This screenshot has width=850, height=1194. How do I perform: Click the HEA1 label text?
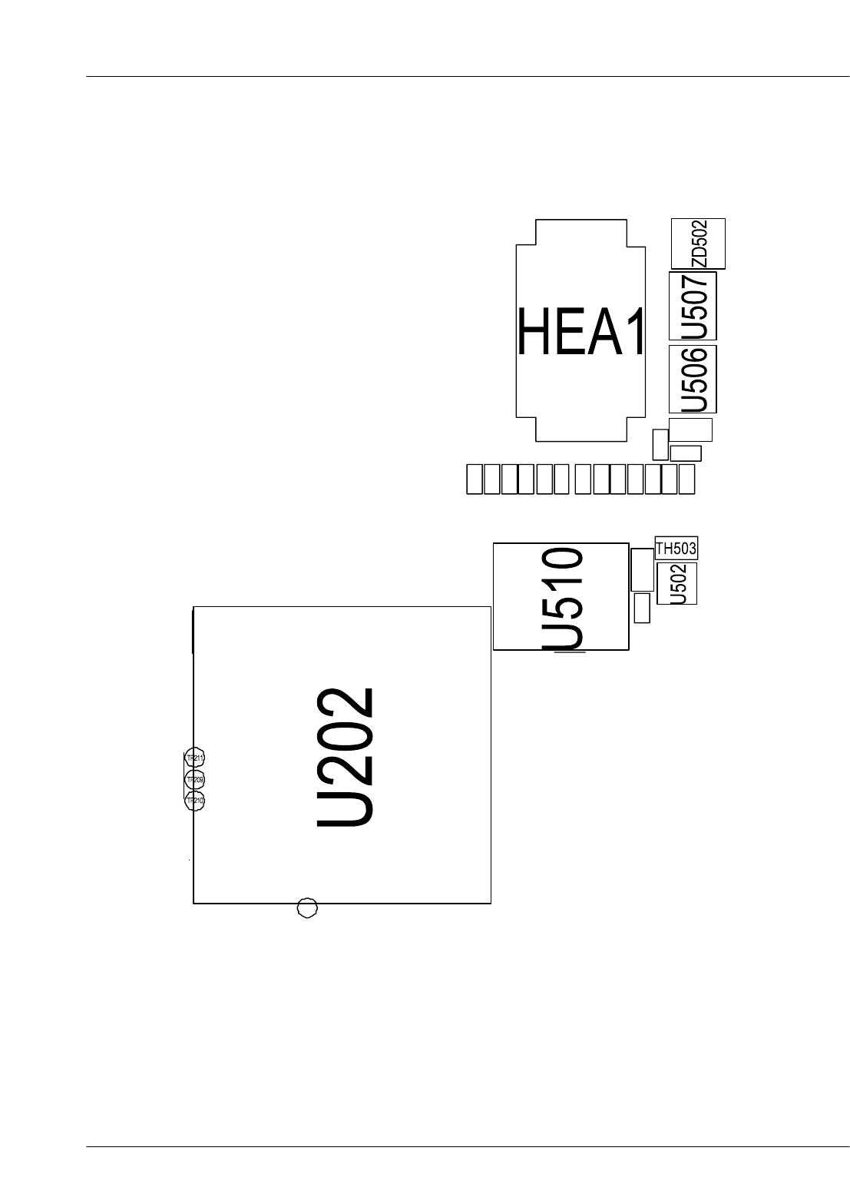point(581,332)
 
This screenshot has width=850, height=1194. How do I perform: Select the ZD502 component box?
point(698,244)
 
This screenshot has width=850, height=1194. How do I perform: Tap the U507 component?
point(693,306)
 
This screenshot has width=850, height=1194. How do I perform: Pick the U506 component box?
point(693,379)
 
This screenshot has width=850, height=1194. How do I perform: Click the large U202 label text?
point(346,757)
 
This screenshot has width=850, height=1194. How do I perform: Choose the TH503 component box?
point(676,549)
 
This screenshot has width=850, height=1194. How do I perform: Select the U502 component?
point(677,584)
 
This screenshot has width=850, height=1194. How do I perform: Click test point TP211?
point(195,758)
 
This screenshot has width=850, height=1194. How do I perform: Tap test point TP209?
point(195,780)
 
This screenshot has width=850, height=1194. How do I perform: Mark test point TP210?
point(195,801)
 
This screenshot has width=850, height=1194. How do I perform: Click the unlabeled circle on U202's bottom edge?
point(307,907)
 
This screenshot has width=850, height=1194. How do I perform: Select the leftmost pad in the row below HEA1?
point(475,479)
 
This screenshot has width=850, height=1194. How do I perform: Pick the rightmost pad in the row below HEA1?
point(686,479)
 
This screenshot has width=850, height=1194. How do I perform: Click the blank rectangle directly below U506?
point(690,430)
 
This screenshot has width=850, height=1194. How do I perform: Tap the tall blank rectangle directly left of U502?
point(642,569)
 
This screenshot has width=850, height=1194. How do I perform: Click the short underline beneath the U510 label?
point(570,652)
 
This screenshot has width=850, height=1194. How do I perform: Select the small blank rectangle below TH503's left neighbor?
point(643,607)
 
